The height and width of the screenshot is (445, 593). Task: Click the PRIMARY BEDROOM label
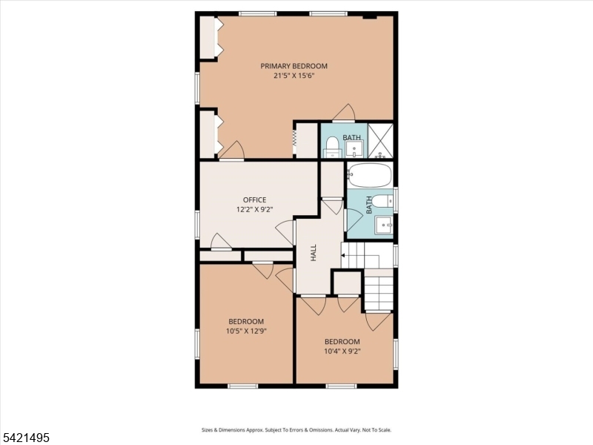click(x=294, y=66)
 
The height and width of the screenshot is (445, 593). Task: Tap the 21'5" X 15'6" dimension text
click(x=294, y=76)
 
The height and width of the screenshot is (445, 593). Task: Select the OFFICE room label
click(x=254, y=200)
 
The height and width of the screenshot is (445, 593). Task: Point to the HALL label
click(x=313, y=252)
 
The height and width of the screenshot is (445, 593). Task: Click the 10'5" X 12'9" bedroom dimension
click(x=246, y=331)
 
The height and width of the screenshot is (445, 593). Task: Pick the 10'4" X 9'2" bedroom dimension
click(x=342, y=351)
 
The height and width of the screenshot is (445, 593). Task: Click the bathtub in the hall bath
click(x=369, y=175)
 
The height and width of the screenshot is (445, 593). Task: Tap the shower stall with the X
click(x=380, y=140)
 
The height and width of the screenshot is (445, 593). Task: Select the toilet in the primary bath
click(x=332, y=147)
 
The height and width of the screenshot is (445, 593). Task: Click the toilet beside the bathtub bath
click(x=382, y=201)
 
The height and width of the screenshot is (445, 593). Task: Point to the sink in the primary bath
click(x=354, y=149)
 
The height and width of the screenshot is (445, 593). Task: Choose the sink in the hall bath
click(x=384, y=225)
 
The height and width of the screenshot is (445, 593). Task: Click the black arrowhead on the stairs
click(x=343, y=255)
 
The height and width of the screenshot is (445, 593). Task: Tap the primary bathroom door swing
click(x=344, y=113)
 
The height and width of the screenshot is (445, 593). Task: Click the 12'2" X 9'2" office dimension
click(x=254, y=209)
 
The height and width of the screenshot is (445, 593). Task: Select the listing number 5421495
click(x=25, y=438)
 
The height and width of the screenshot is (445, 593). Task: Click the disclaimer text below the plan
click(x=296, y=430)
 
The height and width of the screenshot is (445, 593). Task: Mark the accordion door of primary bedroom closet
click(x=294, y=138)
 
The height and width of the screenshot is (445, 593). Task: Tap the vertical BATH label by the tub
click(x=368, y=205)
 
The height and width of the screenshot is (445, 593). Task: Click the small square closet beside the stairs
click(x=347, y=283)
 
